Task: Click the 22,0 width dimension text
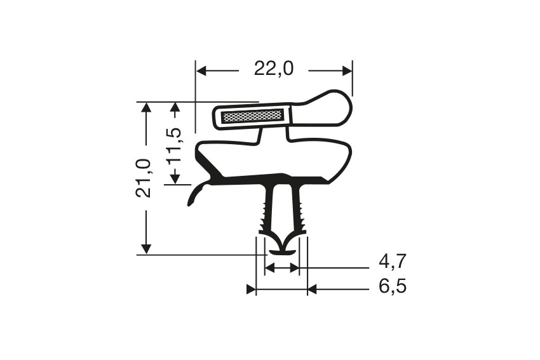pyautogui.click(x=274, y=69)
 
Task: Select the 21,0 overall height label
pyautogui.click(x=145, y=178)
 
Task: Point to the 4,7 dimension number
pyautogui.click(x=393, y=261)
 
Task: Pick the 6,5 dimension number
pyautogui.click(x=393, y=287)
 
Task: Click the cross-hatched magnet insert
pyautogui.click(x=252, y=116)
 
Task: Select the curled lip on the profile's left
pyautogui.click(x=196, y=193)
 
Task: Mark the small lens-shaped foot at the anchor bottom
pyautogui.click(x=282, y=252)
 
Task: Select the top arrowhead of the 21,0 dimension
pyautogui.click(x=147, y=107)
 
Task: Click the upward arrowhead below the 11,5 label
pyautogui.click(x=176, y=178)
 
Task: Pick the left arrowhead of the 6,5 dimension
pyautogui.click(x=251, y=290)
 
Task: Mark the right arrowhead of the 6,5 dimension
pyautogui.click(x=312, y=290)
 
